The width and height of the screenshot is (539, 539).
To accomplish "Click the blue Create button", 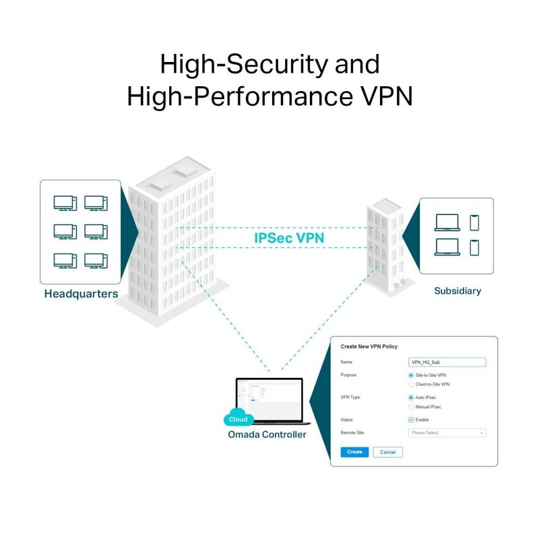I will click(354, 452).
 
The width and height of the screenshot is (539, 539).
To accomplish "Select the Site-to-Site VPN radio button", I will click(411, 375).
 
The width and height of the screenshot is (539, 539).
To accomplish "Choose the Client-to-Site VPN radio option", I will click(411, 384).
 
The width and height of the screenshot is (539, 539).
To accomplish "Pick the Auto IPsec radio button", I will click(411, 398).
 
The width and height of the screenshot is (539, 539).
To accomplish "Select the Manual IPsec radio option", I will click(411, 407).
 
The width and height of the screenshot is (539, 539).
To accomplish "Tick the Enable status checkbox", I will click(411, 420).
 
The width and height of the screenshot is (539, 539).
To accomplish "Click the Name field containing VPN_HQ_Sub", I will click(447, 362).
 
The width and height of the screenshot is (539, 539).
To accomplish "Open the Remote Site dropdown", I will click(447, 433).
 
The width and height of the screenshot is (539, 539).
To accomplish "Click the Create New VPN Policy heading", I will click(369, 346).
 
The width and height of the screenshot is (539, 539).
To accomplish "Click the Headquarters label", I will click(81, 294).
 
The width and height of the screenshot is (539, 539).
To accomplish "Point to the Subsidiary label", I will click(457, 291).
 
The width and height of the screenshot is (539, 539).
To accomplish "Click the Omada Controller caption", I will click(267, 435).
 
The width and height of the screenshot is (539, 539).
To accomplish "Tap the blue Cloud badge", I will click(238, 418).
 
